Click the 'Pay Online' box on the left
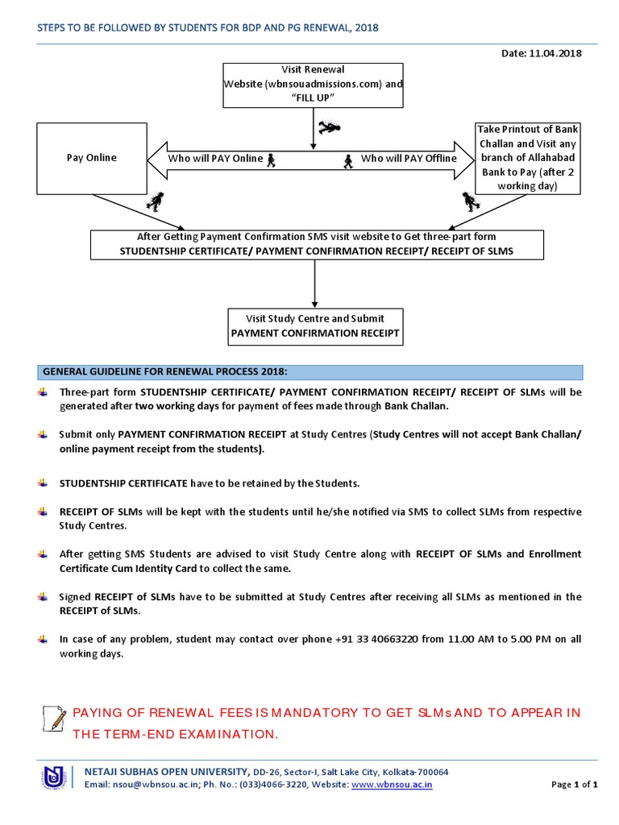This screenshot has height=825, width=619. point(91,158)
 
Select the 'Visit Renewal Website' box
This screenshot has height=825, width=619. point(314,84)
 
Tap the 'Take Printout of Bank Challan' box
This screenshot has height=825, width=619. point(528,158)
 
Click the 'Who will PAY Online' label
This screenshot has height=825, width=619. point(215,159)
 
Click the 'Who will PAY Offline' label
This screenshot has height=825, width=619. point(409,159)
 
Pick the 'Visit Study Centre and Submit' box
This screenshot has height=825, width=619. point(314,325)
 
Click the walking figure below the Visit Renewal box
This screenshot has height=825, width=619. point(329,127)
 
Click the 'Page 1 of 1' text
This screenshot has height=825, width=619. point(574,784)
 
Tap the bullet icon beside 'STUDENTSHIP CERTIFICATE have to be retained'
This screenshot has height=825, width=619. point(43,483)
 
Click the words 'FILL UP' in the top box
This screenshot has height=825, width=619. point(314,97)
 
